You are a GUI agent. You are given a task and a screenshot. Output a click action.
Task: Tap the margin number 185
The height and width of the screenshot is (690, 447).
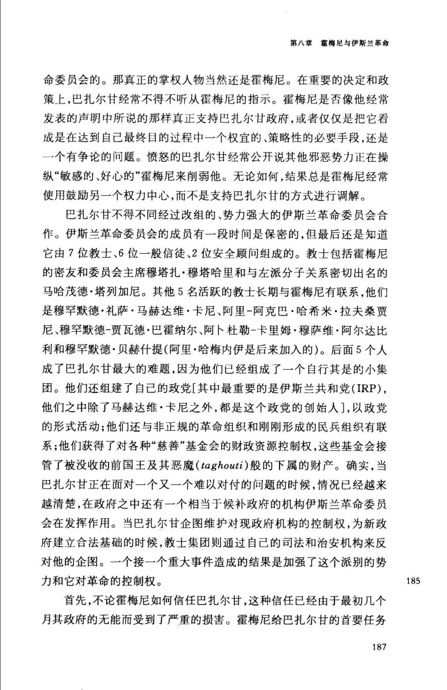(412, 580)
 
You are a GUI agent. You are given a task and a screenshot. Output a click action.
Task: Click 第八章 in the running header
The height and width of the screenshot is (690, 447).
(303, 43)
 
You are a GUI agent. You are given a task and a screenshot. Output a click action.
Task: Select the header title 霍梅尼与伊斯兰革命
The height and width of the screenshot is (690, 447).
(352, 43)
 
